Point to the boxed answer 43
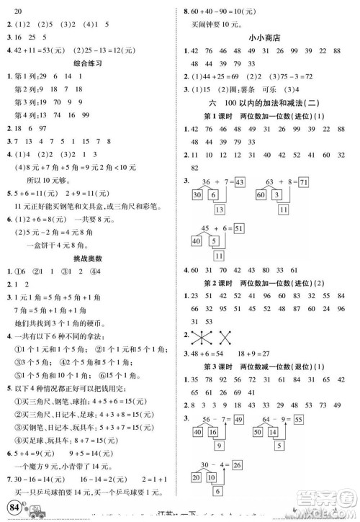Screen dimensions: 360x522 pos(239,181)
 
